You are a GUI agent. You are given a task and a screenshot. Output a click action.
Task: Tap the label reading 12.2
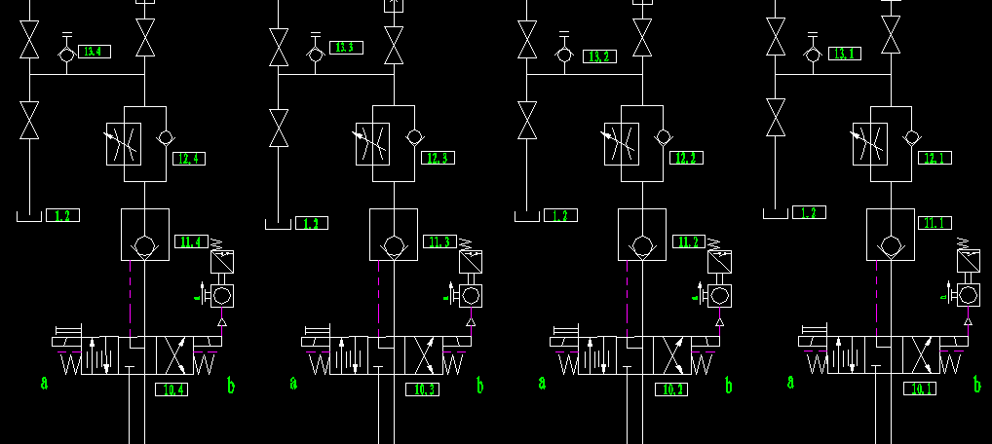(688, 158)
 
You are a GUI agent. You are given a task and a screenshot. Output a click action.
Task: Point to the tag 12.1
(935, 158)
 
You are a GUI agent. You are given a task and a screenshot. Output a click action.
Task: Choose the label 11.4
(191, 241)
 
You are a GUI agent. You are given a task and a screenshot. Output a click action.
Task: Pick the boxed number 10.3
(424, 389)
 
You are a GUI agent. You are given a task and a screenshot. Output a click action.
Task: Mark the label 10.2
(672, 389)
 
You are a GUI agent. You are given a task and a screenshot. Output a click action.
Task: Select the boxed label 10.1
(919, 389)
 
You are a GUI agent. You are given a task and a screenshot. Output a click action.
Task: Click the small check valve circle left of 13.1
(813, 55)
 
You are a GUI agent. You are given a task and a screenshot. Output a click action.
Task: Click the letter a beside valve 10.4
(44, 383)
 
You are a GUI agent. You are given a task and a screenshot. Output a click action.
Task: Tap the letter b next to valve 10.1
(977, 386)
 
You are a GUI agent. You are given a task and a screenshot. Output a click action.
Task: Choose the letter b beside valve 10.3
(479, 386)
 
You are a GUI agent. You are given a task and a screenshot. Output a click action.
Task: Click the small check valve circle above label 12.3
(414, 135)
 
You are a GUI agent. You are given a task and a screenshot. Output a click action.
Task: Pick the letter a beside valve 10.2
(541, 383)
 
